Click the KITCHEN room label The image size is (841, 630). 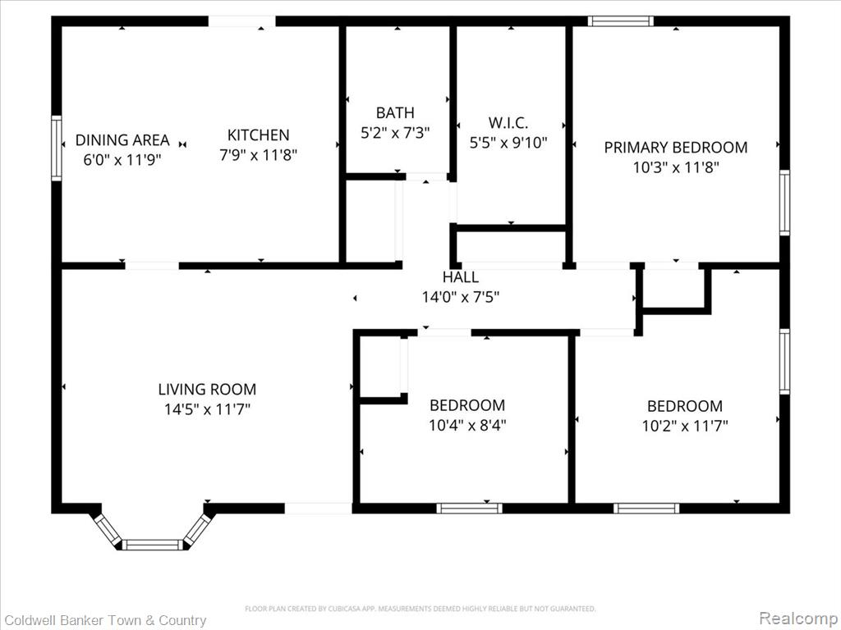point(258,135)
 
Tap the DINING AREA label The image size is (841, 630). point(122,140)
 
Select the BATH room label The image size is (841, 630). point(395,113)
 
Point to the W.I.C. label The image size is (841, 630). point(508,123)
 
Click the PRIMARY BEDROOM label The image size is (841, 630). point(676,148)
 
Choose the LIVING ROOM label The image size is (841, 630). point(207,389)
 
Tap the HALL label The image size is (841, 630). point(461,277)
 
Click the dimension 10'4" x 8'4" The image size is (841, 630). point(467,426)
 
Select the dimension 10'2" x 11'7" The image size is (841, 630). point(685,426)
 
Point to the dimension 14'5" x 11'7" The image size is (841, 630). point(207,409)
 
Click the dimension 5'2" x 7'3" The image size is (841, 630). point(395,133)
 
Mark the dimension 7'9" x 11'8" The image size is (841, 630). point(258,155)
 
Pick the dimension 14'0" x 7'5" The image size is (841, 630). point(461,297)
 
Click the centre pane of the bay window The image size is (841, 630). point(153,545)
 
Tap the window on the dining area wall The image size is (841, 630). point(57,148)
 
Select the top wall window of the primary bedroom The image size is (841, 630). point(621,21)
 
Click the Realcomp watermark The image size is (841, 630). point(798,618)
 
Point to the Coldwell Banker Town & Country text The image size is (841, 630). point(106,620)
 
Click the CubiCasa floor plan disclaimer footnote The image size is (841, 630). point(420,609)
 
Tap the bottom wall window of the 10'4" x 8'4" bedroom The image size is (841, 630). point(469,508)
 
